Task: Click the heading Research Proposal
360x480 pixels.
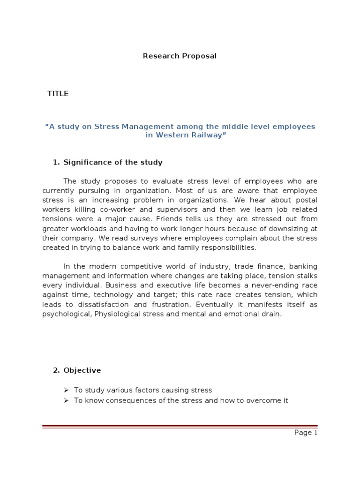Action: (x=180, y=56)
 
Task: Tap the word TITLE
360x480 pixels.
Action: (x=58, y=94)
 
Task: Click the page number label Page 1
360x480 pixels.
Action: (x=306, y=433)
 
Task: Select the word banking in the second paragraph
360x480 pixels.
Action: (x=300, y=267)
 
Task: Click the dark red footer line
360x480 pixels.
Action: (x=180, y=414)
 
